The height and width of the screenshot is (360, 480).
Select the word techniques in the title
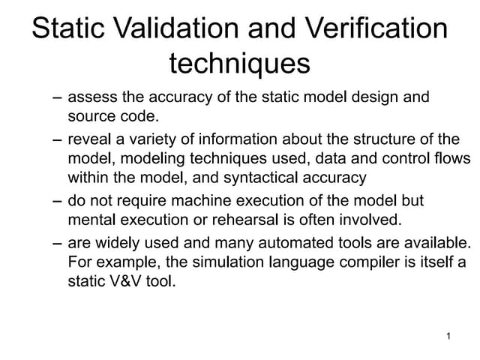coord(240,63)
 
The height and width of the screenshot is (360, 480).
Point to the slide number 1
coord(448,337)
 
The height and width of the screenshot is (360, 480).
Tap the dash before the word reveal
coord(58,140)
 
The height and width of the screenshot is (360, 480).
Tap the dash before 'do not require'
coord(58,202)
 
